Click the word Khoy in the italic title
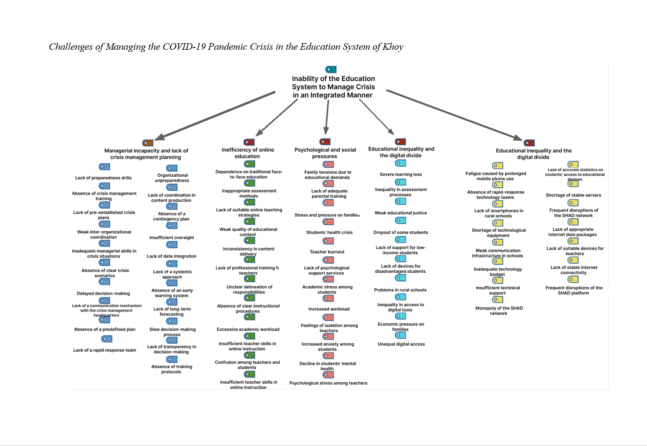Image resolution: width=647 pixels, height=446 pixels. pos(393,47)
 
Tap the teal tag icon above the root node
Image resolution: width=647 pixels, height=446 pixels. pos(331,69)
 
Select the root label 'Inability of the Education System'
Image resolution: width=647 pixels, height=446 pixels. pos(333,87)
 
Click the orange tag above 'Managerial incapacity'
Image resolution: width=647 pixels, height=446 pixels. pos(148,143)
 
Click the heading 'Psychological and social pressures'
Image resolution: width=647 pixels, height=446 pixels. pos(325,153)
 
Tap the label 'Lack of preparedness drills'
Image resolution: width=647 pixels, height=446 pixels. pos(103,178)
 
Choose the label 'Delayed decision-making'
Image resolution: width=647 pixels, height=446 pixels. pos(103,294)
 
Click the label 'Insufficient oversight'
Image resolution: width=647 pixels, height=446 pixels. pos(172,238)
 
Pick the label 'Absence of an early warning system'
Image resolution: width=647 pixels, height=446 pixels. pos(172,293)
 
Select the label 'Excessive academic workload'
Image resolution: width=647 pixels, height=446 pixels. pos(248,329)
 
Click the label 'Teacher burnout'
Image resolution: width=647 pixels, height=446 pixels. pos(327,252)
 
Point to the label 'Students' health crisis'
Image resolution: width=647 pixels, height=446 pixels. pos(329,233)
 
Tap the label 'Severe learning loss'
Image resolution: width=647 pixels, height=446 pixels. pos(400,175)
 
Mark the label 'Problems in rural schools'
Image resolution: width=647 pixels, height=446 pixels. pos(400,290)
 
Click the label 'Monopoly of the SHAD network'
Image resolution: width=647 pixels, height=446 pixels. pos(499,311)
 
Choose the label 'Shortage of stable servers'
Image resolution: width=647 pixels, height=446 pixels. pos(573,196)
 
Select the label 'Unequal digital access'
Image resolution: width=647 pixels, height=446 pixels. pos(401,344)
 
